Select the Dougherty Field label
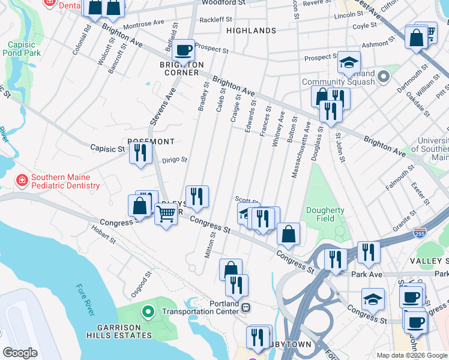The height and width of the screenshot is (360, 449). pos(325,214)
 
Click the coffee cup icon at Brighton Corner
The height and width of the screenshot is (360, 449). pos(184,49)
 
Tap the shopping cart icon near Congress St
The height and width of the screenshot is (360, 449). pos(166,213)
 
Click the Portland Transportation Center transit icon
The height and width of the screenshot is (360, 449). pos(246,307)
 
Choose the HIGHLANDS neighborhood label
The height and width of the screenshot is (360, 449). pos(251,30)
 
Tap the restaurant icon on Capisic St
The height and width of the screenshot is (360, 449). pos(140,153)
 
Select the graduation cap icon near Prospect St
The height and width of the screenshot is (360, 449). pos(348,62)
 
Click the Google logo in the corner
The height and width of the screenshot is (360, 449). pos(20,352)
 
